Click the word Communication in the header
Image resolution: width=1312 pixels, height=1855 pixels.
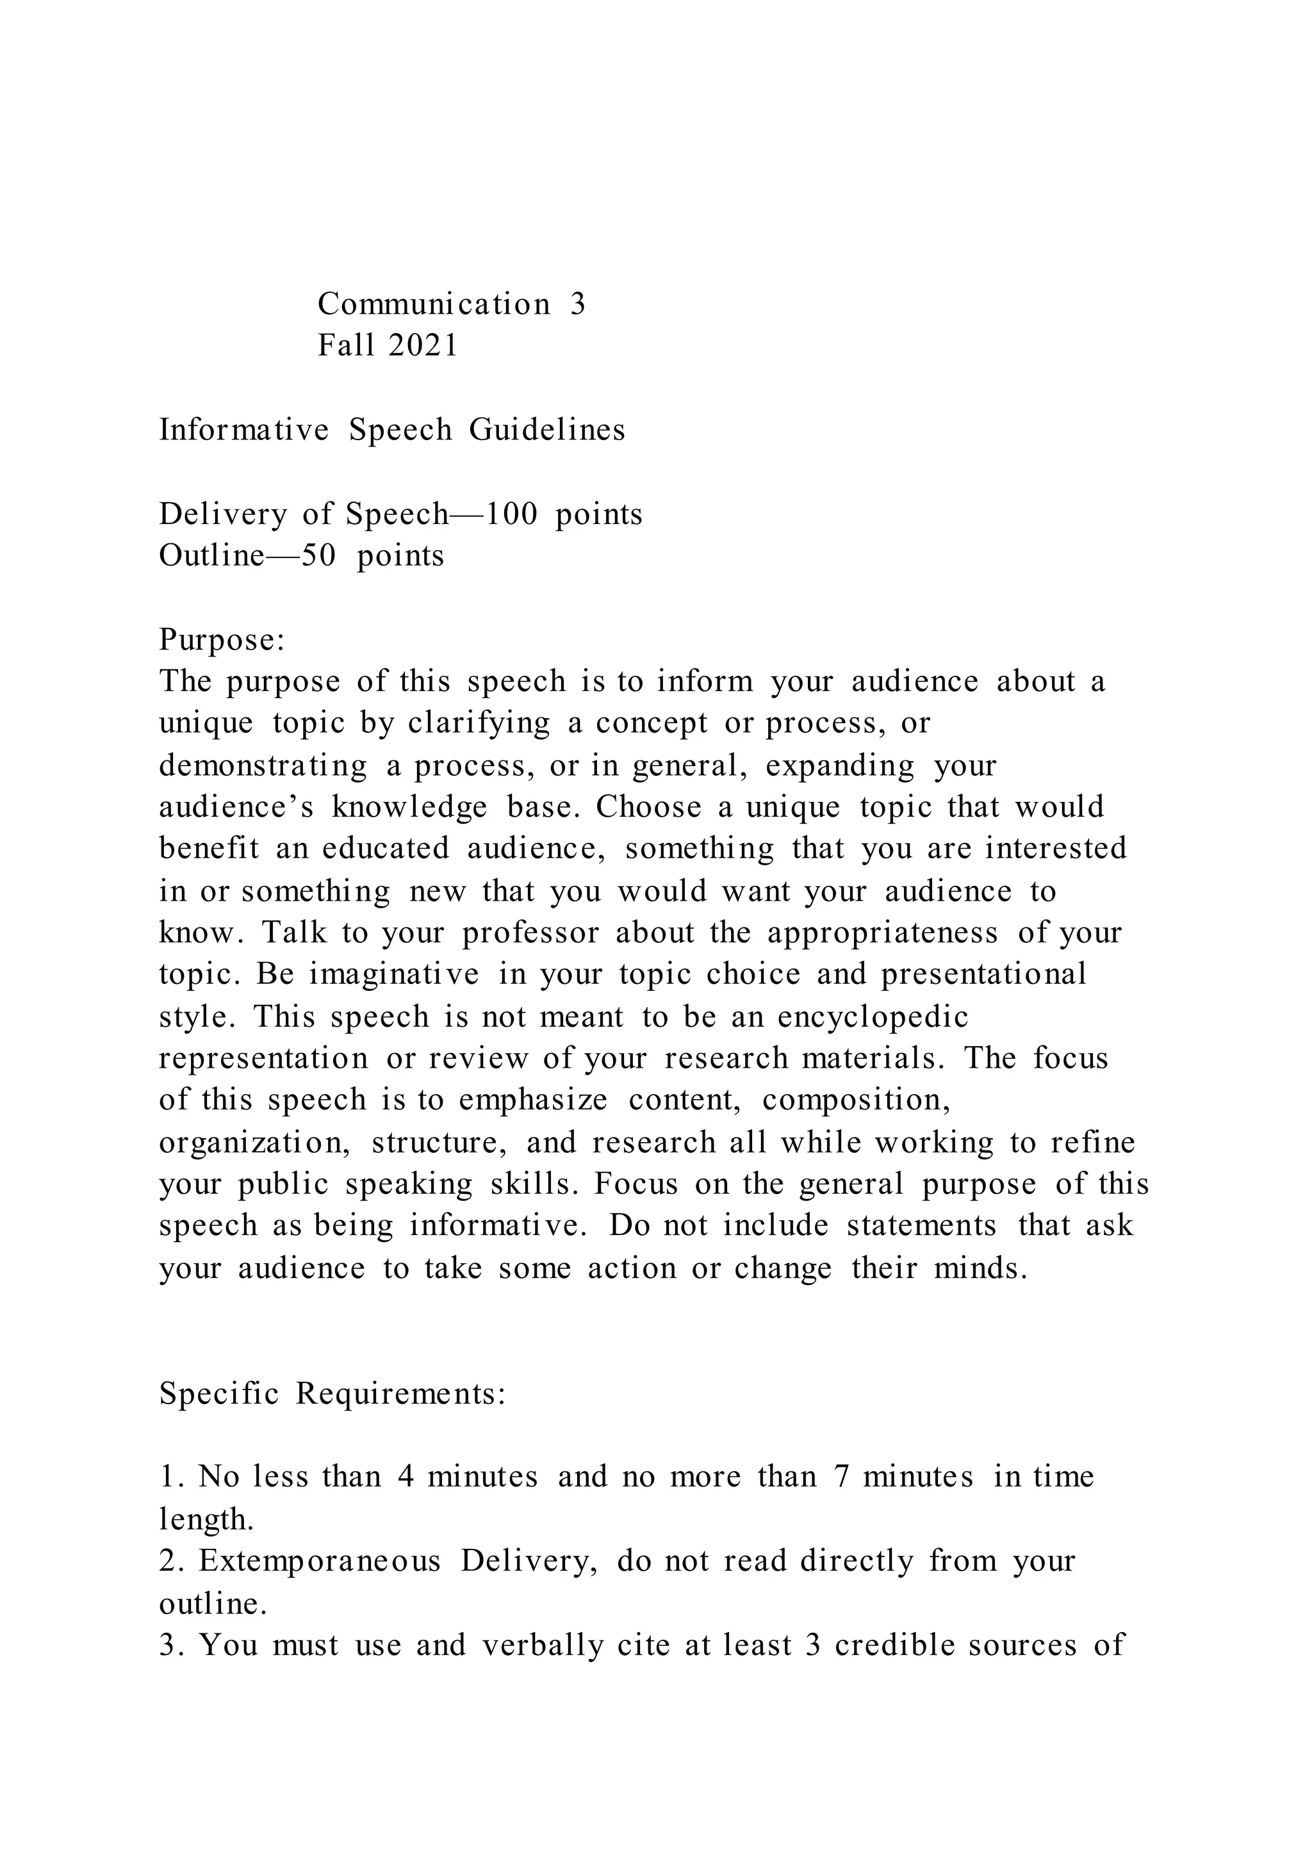click(x=434, y=305)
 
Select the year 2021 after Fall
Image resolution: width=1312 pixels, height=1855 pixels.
click(x=423, y=346)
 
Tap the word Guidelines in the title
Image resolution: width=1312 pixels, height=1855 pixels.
click(x=547, y=430)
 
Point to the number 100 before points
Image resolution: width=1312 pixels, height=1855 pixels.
click(x=511, y=514)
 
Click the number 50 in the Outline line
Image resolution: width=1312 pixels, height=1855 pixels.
click(x=318, y=556)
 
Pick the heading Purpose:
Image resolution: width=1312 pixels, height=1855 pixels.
click(x=222, y=640)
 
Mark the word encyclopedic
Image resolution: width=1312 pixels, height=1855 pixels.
click(x=873, y=1017)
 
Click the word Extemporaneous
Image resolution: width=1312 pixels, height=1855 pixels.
click(x=320, y=1561)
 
